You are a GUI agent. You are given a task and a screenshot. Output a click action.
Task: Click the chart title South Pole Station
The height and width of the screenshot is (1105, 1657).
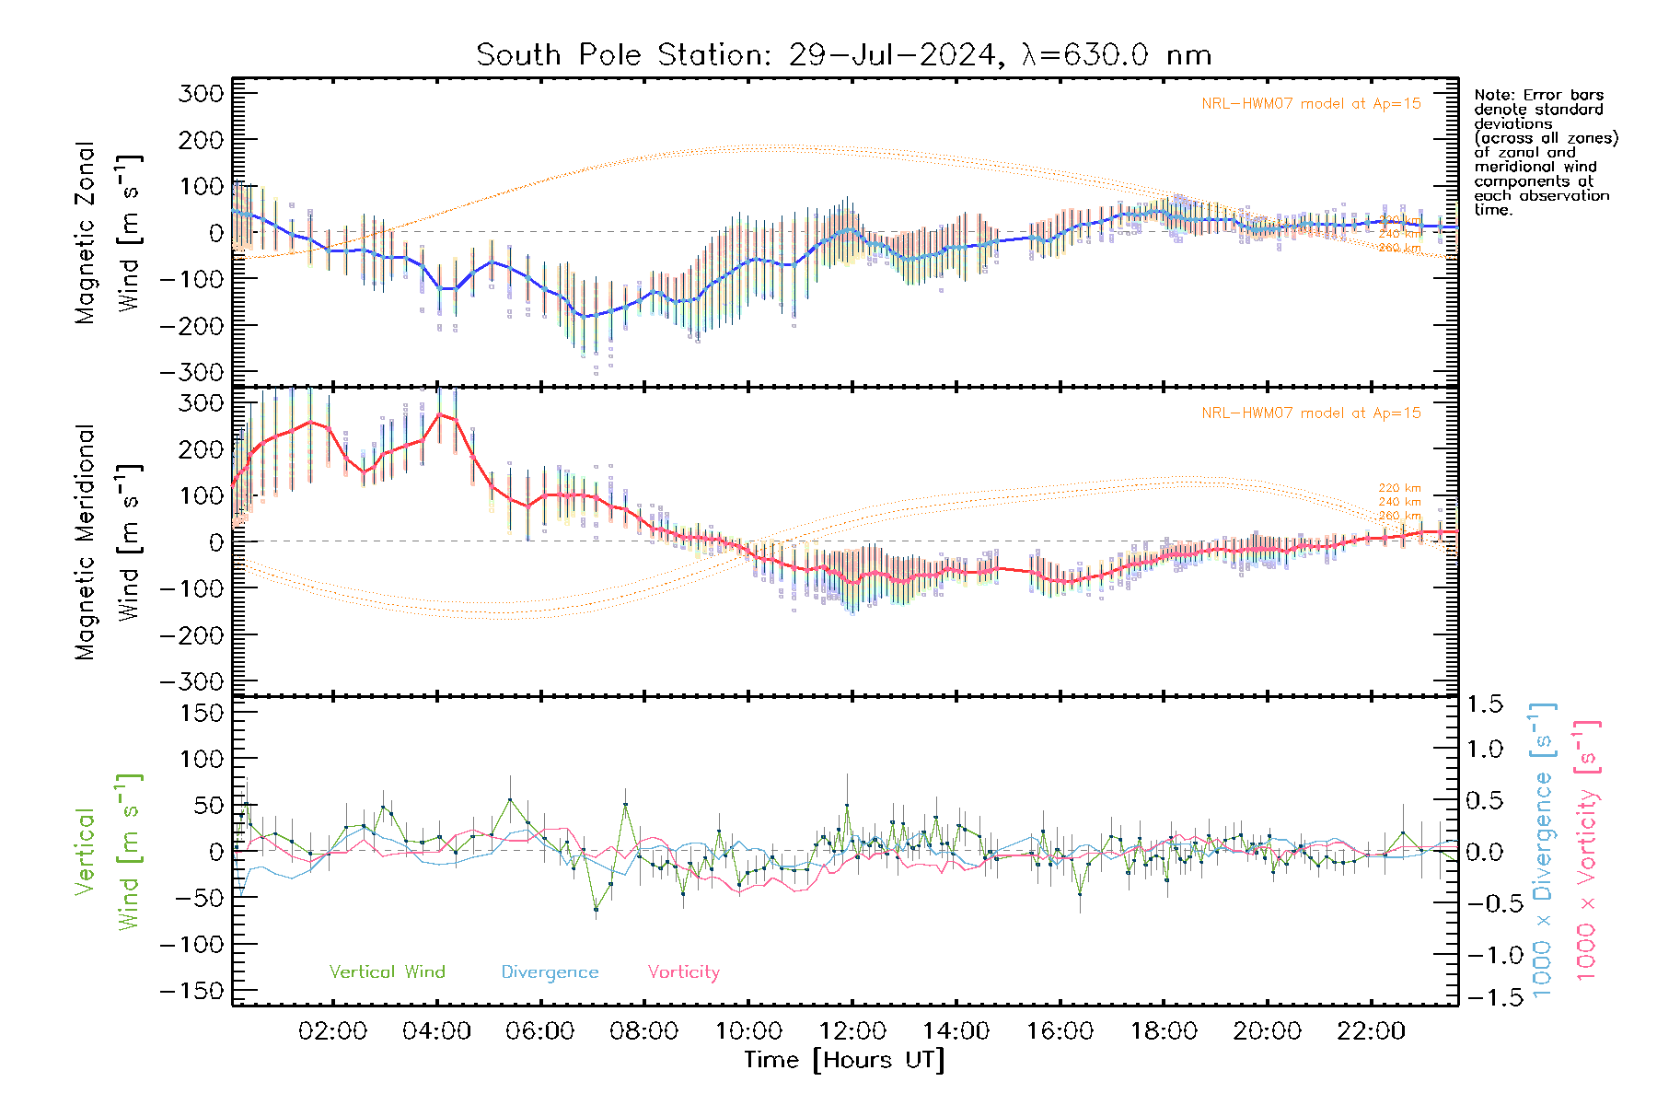tap(842, 55)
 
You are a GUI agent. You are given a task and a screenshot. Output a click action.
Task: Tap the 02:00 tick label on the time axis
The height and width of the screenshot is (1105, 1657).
tap(332, 1031)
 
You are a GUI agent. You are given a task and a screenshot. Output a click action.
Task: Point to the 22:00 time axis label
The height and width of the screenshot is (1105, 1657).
tap(1371, 1031)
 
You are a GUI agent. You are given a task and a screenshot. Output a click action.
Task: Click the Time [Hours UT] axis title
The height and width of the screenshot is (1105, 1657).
tap(844, 1060)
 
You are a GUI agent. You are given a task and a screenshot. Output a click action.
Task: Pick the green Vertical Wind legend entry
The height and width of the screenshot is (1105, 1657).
tap(387, 971)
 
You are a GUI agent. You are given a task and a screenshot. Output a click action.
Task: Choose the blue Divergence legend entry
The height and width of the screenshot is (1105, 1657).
tap(550, 972)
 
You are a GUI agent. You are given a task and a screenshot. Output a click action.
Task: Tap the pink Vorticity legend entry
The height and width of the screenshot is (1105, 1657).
tap(683, 972)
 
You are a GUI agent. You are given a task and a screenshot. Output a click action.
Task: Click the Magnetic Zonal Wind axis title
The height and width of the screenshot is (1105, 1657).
tap(108, 232)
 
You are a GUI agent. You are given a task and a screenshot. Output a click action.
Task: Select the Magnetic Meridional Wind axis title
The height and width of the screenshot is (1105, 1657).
tap(108, 541)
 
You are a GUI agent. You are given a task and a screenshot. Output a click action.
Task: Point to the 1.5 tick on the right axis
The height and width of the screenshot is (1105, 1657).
tap(1485, 704)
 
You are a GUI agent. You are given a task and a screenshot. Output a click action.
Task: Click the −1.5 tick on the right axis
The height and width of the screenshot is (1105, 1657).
tap(1485, 997)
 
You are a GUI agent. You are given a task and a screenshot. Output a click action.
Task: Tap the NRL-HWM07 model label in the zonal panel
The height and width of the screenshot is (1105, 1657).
tap(1311, 104)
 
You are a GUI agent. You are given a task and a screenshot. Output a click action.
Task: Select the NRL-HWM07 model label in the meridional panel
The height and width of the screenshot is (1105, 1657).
tap(1311, 413)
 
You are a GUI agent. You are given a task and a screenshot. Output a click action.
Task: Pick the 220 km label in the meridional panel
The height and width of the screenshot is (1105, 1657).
tap(1399, 488)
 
